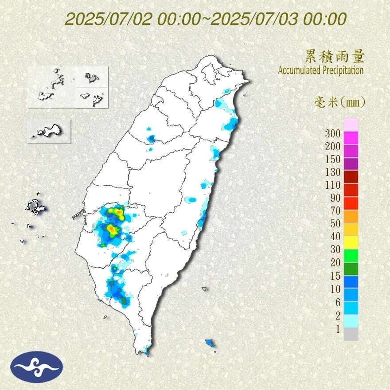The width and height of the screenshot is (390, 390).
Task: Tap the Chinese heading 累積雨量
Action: click(335, 57)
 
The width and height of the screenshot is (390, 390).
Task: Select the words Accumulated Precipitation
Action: click(321, 70)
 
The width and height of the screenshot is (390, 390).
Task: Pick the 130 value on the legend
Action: click(332, 172)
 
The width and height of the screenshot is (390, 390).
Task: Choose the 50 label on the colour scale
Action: click(335, 223)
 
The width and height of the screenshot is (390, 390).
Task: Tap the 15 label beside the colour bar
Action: click(335, 276)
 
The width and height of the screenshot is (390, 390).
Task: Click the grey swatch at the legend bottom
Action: click(351, 334)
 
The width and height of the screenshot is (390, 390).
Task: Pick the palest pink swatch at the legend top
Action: click(351, 125)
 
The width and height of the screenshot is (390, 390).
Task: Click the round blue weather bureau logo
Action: click(38, 367)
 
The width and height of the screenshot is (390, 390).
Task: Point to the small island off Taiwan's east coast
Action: click(204, 289)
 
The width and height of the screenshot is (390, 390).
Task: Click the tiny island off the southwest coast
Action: click(105, 317)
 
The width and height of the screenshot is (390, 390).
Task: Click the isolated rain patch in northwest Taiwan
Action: click(151, 139)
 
